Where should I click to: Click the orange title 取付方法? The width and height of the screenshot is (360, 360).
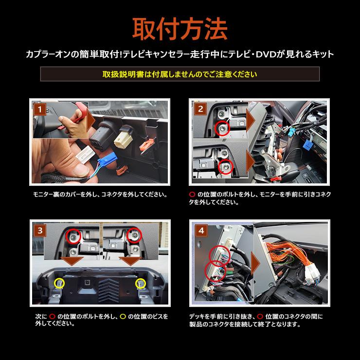click(180, 29)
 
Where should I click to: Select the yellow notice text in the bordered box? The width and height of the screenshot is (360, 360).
click(180, 74)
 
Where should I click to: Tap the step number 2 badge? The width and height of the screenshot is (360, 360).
click(200, 110)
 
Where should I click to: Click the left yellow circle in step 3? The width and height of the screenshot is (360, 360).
click(58, 282)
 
